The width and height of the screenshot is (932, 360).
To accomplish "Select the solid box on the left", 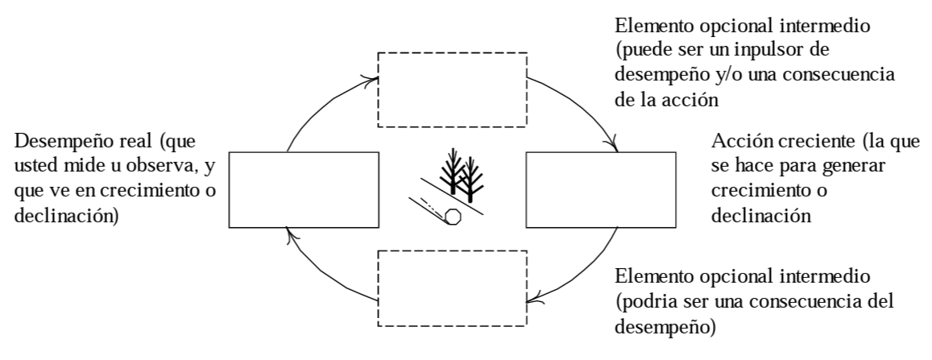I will click(x=304, y=190).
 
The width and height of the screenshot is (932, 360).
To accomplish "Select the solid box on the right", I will click(x=600, y=190).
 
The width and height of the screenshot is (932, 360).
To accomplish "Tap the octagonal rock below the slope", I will click(x=454, y=217).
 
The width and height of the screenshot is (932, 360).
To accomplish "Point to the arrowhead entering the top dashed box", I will click(x=372, y=80).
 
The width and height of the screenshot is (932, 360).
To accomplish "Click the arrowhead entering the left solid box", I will click(x=292, y=234).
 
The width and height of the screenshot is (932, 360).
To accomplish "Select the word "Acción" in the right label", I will click(x=737, y=146).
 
